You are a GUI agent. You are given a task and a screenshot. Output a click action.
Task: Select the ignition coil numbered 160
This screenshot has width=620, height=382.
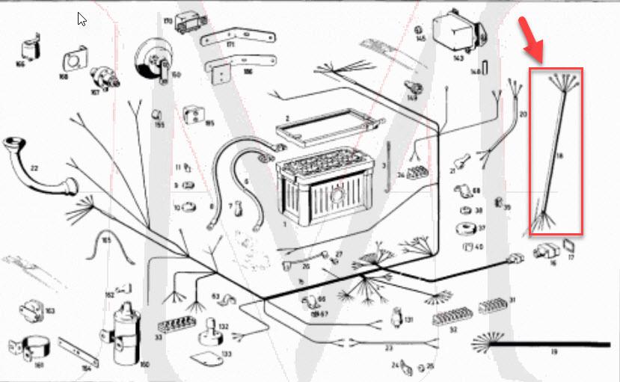tap(123, 334)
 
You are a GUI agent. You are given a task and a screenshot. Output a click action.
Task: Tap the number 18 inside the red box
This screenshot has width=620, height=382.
tap(558, 155)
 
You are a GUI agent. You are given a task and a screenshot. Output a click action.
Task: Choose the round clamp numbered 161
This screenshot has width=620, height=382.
tap(32, 347)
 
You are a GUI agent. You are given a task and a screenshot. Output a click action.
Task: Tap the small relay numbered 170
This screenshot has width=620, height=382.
tap(187, 22)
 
